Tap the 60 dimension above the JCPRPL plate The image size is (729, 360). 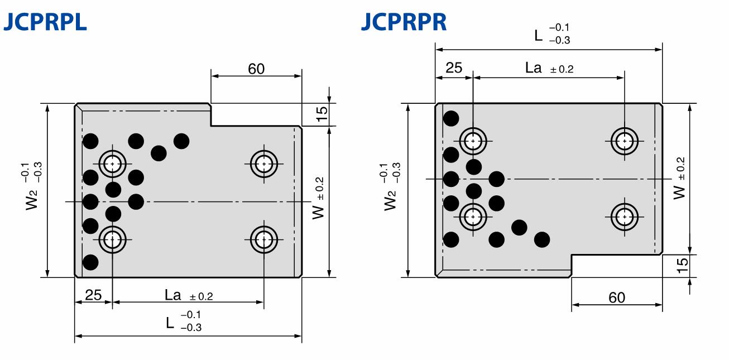pos(256,69)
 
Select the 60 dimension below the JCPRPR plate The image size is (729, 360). pos(617,297)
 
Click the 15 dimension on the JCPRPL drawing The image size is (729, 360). pos(322,114)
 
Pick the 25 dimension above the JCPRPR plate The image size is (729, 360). pos(454,68)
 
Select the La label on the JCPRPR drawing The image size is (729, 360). pos(534,68)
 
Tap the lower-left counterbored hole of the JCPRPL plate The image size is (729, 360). pos(113,240)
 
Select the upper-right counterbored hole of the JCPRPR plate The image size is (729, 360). pos(624,141)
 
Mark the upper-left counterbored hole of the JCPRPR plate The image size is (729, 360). pos(473,141)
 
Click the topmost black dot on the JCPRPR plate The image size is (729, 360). pos(451,118)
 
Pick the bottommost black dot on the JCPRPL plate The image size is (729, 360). pos(90,262)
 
